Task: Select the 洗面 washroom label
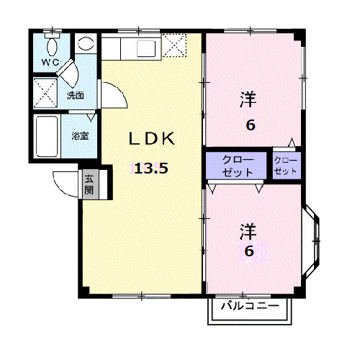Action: [x=76, y=94]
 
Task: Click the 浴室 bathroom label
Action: [x=79, y=135]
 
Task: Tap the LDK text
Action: [x=152, y=138]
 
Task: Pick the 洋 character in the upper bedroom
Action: [x=248, y=100]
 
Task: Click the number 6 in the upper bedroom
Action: [x=250, y=125]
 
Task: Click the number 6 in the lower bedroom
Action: [x=249, y=251]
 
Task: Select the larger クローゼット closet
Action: [x=237, y=166]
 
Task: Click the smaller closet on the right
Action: [x=285, y=166]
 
